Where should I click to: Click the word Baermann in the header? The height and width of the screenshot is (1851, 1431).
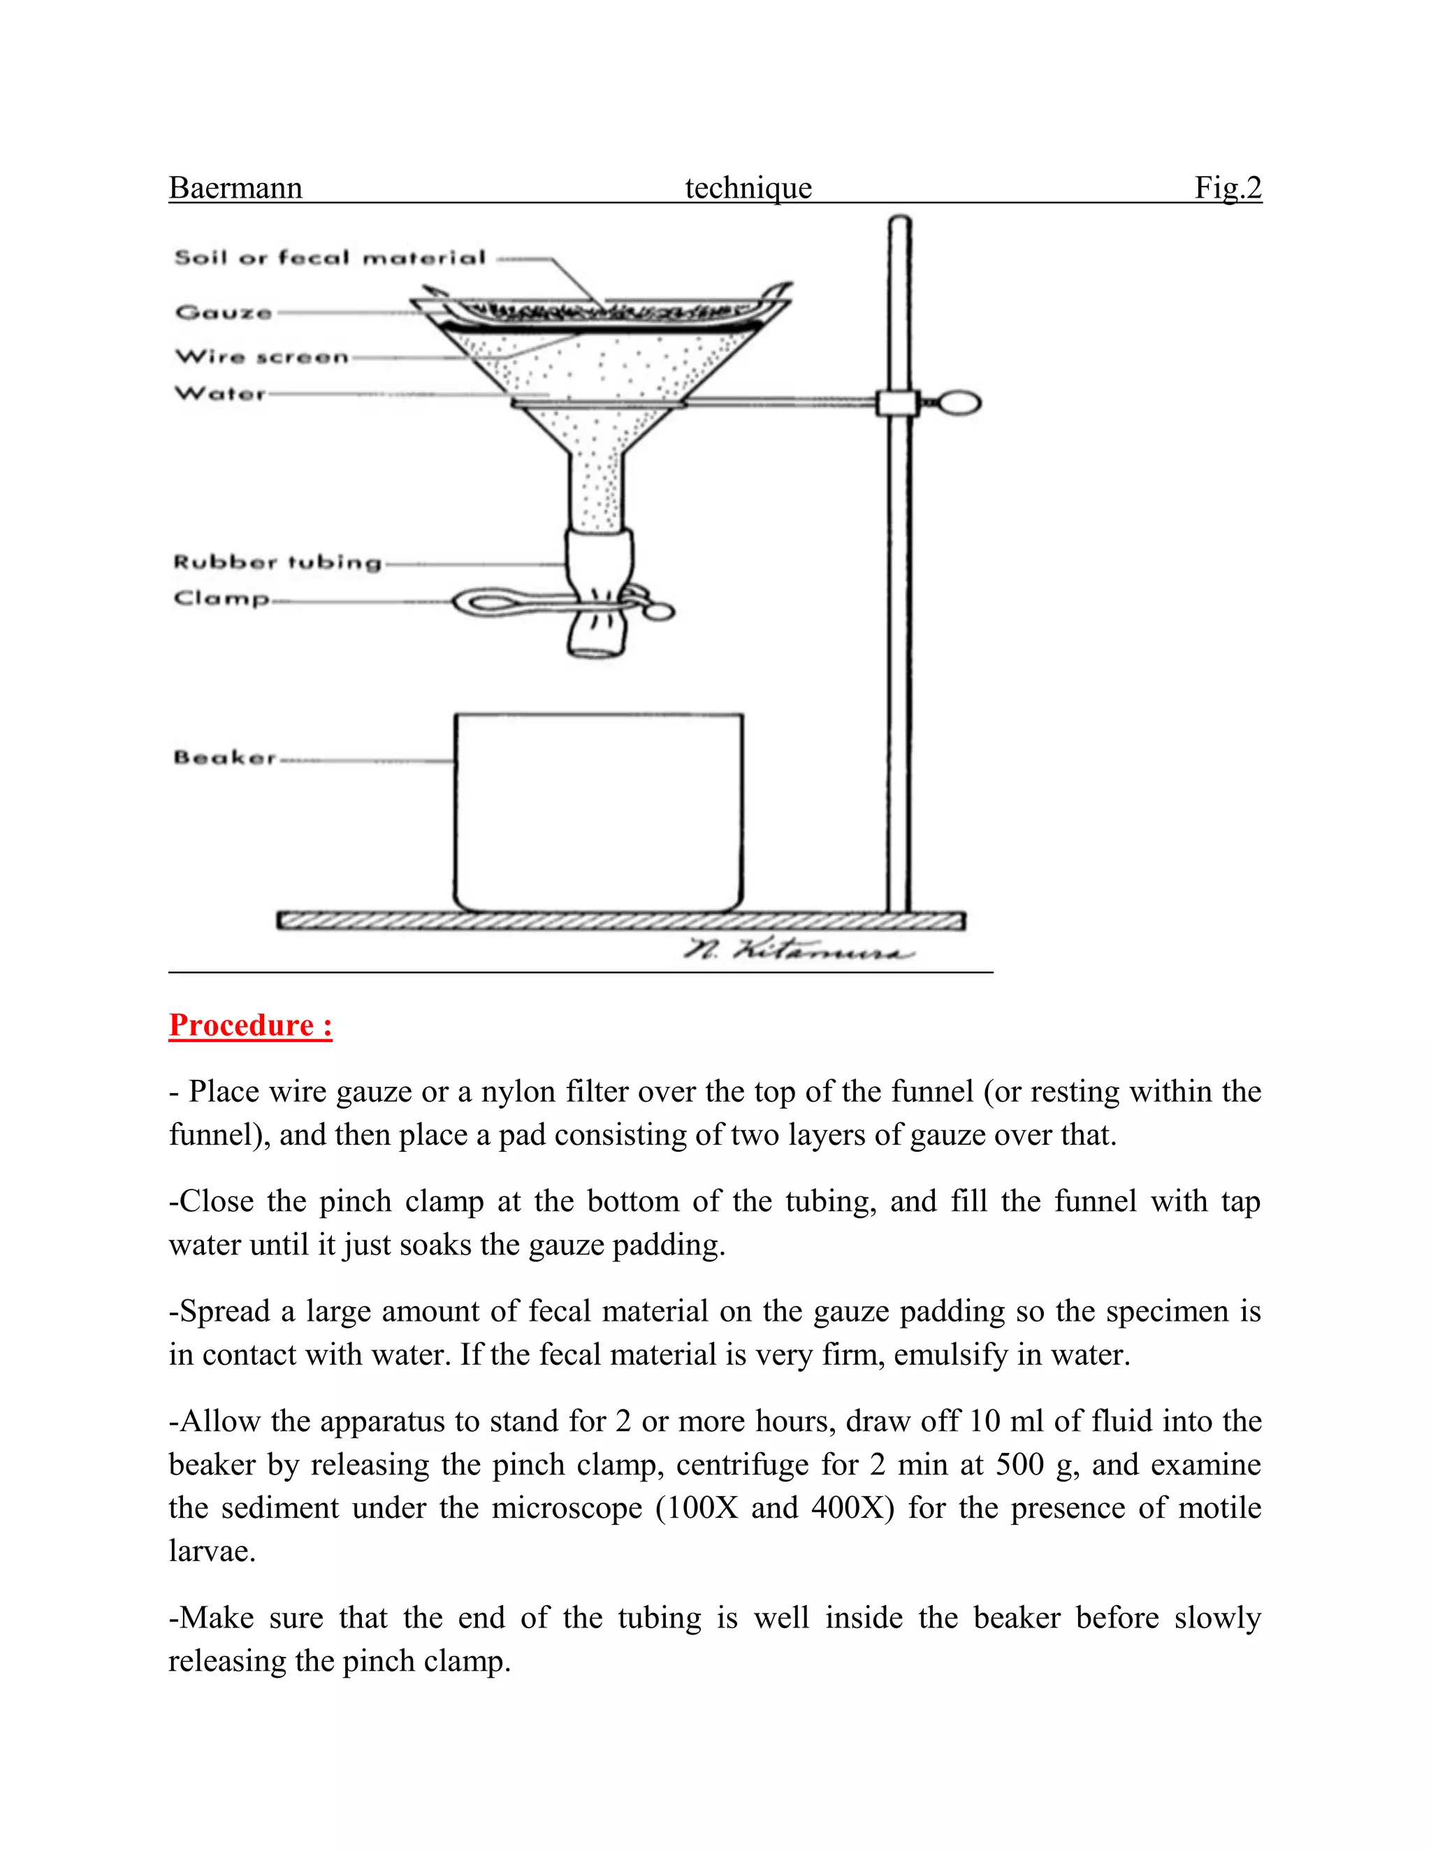235,187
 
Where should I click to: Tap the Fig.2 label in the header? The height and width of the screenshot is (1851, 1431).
1228,187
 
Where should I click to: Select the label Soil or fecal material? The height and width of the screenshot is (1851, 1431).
330,258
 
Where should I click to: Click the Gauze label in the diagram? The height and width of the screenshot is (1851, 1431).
224,313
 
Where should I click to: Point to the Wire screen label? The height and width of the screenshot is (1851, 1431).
262,357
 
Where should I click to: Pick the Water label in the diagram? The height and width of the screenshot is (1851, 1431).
220,394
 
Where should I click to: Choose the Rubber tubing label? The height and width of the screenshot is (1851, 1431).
277,562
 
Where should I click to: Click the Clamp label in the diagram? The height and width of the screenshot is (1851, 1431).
221,599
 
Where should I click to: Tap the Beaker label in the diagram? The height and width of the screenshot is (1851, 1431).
225,757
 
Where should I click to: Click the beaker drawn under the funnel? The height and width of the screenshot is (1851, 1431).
599,814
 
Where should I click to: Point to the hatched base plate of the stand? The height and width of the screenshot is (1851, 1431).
620,921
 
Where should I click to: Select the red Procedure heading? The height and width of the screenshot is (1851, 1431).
250,1025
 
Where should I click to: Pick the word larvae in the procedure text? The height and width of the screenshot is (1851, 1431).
211,1551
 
